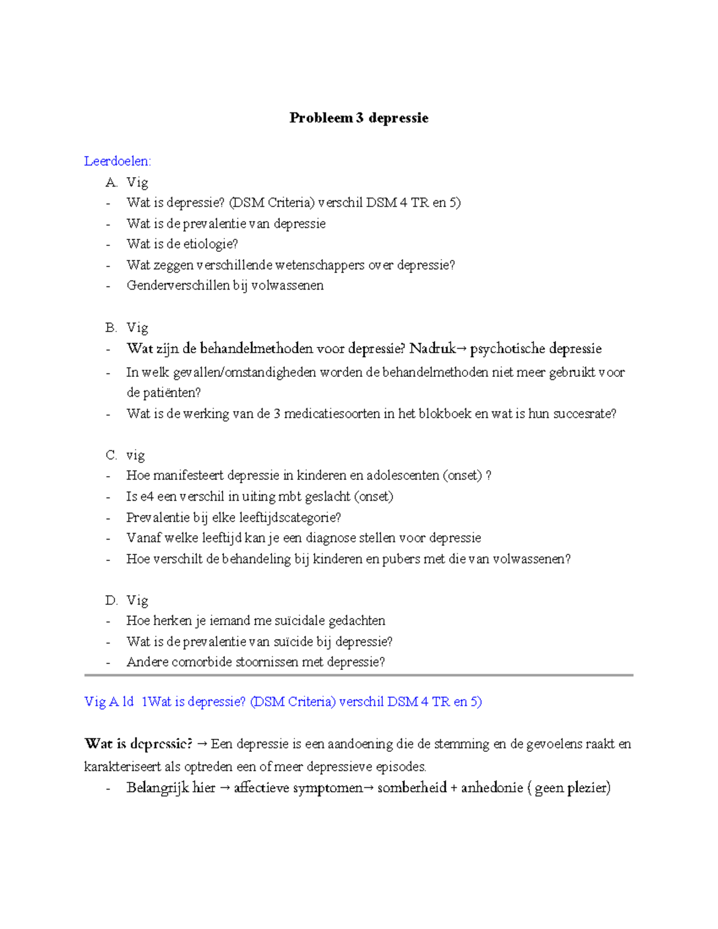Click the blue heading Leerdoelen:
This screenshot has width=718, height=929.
click(x=118, y=161)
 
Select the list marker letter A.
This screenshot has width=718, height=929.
click(x=111, y=182)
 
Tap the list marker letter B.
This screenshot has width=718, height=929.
click(x=111, y=328)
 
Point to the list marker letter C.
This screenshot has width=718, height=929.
click(x=111, y=455)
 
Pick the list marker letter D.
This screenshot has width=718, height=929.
click(x=111, y=601)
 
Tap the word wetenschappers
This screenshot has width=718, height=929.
click(x=320, y=265)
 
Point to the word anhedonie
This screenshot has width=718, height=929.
click(x=492, y=788)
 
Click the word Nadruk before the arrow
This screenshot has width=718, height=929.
click(x=432, y=349)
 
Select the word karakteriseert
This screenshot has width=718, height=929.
click(x=123, y=767)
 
